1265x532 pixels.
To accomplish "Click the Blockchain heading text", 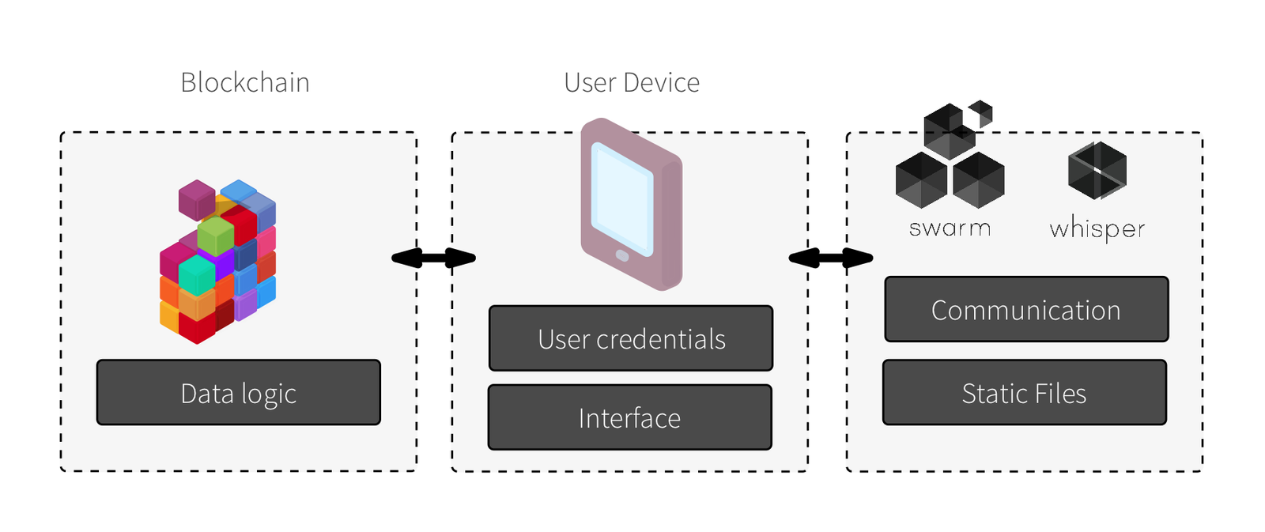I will [244, 83].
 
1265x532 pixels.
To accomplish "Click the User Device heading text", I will [631, 83].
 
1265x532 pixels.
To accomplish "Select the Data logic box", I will [238, 393].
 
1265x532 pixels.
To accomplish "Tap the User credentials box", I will [630, 338].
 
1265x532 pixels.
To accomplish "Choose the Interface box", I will [629, 417].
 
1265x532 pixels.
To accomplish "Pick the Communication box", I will [1025, 310].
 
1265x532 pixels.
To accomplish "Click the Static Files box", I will [1024, 393].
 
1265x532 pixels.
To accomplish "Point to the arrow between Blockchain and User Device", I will [433, 258].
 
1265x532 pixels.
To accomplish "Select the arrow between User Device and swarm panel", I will [830, 258].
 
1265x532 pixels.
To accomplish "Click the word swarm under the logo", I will [950, 228].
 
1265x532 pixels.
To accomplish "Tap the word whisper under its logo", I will [1097, 228].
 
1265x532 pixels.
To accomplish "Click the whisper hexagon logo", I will [1097, 170].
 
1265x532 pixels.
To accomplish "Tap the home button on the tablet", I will [622, 256].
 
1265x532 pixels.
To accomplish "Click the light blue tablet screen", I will [622, 198].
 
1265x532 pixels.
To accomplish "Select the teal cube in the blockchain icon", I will [197, 274].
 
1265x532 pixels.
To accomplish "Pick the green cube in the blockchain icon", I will [215, 235].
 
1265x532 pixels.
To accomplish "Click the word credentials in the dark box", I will [660, 339].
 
